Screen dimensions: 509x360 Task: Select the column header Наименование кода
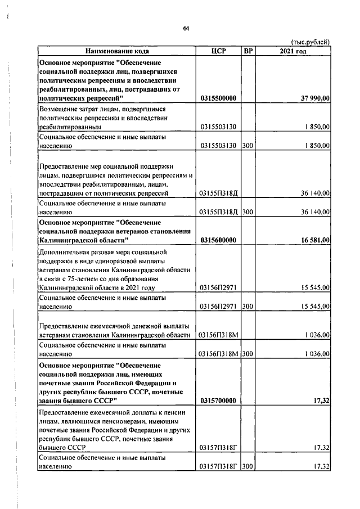pyautogui.click(x=118, y=51)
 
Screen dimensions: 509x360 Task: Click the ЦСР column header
pyautogui.click(x=218, y=51)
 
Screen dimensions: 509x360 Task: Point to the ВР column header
pyautogui.click(x=248, y=51)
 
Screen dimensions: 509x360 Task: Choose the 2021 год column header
pyautogui.click(x=293, y=51)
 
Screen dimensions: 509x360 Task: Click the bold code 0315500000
pyautogui.click(x=218, y=98)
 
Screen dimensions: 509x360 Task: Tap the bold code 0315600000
pyautogui.click(x=218, y=240)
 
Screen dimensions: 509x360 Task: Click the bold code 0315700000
pyautogui.click(x=218, y=400)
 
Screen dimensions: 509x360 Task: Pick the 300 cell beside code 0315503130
pyautogui.click(x=248, y=146)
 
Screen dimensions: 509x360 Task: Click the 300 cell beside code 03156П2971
pyautogui.click(x=248, y=307)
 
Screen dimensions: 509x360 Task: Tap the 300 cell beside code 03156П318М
pyautogui.click(x=248, y=354)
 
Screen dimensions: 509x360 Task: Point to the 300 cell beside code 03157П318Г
pyautogui.click(x=248, y=467)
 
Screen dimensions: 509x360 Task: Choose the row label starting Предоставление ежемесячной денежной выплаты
pyautogui.click(x=115, y=330)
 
